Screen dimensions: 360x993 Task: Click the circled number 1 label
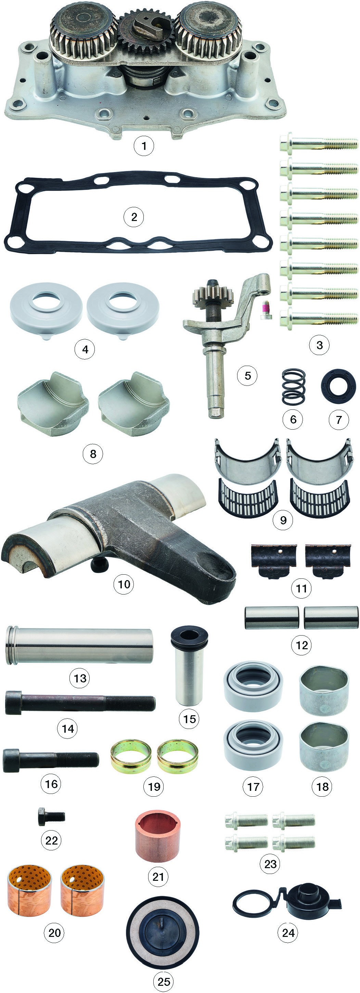point(144,146)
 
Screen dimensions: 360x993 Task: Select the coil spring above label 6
point(293,387)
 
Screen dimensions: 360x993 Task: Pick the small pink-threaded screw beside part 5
point(265,310)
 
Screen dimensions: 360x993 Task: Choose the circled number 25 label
point(164,981)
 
